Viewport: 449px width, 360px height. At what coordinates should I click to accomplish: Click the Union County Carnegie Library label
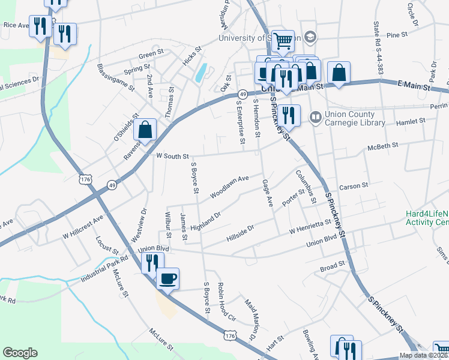point(354,118)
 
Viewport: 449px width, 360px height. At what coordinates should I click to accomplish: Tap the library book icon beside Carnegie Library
point(315,116)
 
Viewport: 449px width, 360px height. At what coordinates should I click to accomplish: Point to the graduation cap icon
point(310,37)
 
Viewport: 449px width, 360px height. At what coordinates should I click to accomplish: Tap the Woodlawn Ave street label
point(229,187)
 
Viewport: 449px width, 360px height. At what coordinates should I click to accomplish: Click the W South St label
point(172,155)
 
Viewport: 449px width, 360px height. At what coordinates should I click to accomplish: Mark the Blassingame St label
point(115,74)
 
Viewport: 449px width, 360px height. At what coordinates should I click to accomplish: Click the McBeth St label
point(382,146)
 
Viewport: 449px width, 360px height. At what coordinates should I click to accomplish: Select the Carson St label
point(354,186)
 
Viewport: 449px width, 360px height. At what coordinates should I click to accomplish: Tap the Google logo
point(20,353)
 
